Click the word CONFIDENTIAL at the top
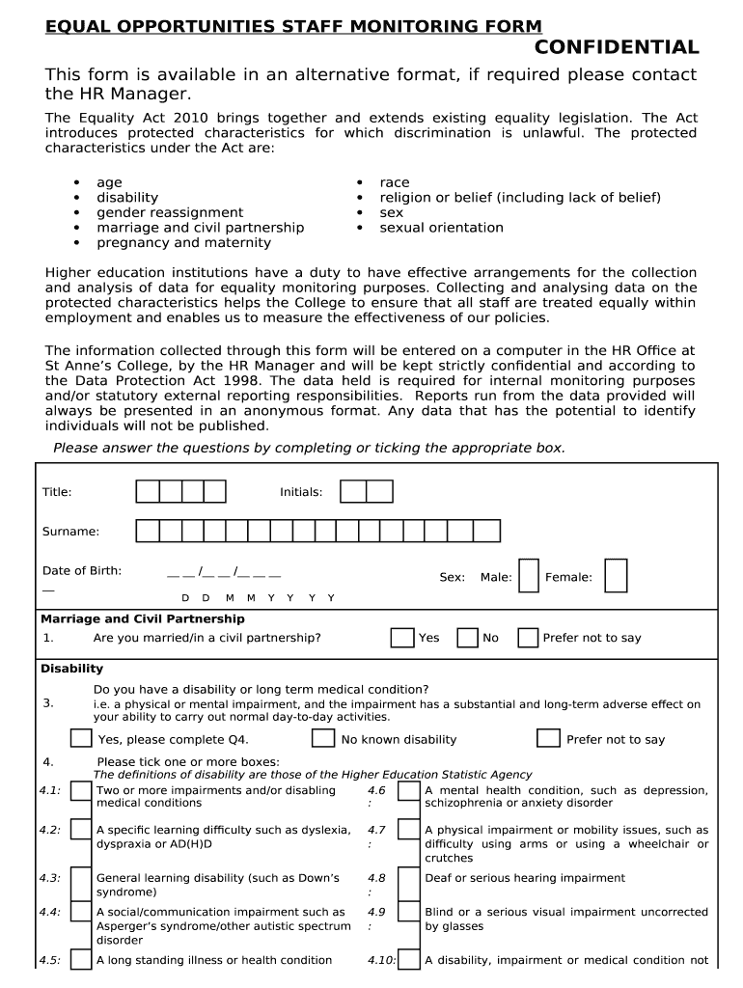pyautogui.click(x=618, y=47)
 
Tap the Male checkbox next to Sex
pyautogui.click(x=528, y=576)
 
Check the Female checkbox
pyautogui.click(x=616, y=576)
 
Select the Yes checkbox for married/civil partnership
pyautogui.click(x=402, y=638)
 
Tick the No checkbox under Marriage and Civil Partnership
pyautogui.click(x=467, y=638)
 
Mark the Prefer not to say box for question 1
pyautogui.click(x=528, y=638)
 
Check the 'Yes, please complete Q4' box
pyautogui.click(x=82, y=739)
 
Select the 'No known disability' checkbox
pyautogui.click(x=323, y=739)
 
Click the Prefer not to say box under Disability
pyautogui.click(x=548, y=739)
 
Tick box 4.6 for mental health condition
pyautogui.click(x=409, y=792)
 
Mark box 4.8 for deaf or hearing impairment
pyautogui.click(x=409, y=880)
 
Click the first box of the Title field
pyautogui.click(x=148, y=492)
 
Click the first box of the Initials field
pyautogui.click(x=353, y=492)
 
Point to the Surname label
pyautogui.click(x=70, y=532)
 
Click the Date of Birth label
pyautogui.click(x=82, y=570)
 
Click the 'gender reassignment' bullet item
pyautogui.click(x=170, y=212)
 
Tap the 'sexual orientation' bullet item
pyautogui.click(x=441, y=228)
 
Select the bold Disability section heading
pyautogui.click(x=71, y=669)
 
